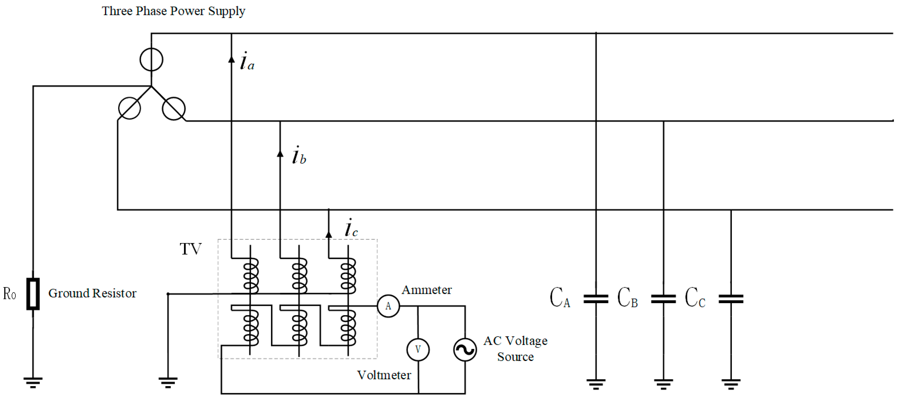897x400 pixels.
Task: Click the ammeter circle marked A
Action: [388, 306]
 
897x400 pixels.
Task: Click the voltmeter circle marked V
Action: [418, 349]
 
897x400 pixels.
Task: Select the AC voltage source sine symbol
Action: [465, 349]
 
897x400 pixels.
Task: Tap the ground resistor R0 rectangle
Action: [33, 294]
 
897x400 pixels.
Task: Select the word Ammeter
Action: [427, 290]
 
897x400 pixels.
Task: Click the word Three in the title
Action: [117, 11]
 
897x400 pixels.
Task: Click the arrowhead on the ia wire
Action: [231, 59]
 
